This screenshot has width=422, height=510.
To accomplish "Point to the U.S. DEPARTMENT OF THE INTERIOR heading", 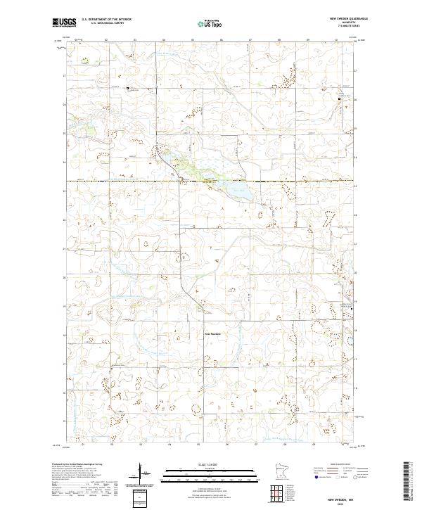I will pyautogui.click(x=106, y=20).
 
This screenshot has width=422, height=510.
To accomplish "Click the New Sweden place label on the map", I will pyautogui.click(x=213, y=333).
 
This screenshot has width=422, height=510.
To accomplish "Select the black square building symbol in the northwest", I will pyautogui.click(x=127, y=89).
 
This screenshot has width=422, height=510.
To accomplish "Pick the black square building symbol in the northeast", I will pyautogui.click(x=340, y=99).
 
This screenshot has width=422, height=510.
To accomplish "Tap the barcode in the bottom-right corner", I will pyautogui.click(x=406, y=482).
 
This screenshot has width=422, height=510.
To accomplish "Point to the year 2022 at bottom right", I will pyautogui.click(x=350, y=502).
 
